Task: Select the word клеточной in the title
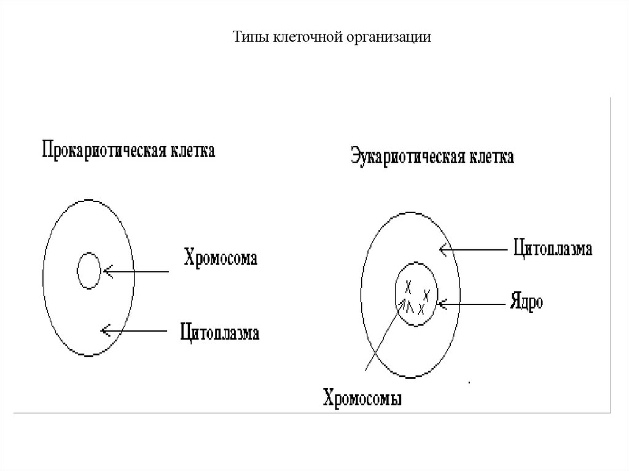[291, 37]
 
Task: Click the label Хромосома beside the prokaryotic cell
[221, 257]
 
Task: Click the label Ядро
[526, 302]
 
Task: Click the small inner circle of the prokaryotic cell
[89, 270]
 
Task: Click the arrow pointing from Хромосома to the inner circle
[136, 271]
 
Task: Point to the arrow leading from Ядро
[470, 303]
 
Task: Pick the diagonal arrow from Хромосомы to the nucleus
[384, 337]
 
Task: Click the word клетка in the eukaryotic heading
[491, 157]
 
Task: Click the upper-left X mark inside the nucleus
[407, 286]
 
